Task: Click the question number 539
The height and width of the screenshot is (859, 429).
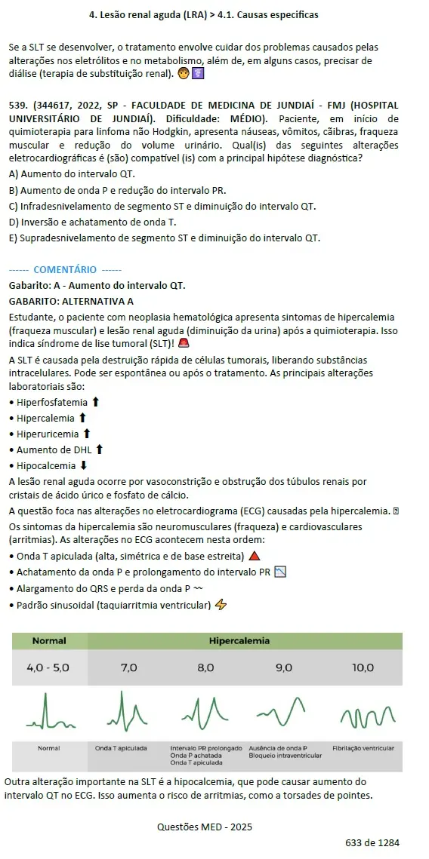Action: [19, 105]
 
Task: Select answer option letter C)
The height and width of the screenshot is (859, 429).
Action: [14, 206]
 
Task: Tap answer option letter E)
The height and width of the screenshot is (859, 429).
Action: [14, 238]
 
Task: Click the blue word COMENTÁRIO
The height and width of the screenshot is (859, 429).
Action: [65, 269]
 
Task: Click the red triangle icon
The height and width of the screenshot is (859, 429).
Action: [254, 557]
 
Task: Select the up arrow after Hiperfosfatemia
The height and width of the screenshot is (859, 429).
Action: [95, 402]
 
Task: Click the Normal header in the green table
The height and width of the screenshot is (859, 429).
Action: [49, 641]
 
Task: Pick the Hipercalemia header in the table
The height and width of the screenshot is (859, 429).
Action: [239, 641]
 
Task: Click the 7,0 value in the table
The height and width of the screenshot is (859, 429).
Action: [128, 667]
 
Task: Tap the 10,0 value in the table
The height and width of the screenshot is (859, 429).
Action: [363, 667]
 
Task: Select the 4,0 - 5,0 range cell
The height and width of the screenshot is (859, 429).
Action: [48, 667]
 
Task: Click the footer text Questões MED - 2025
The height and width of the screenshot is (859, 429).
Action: [205, 827]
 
